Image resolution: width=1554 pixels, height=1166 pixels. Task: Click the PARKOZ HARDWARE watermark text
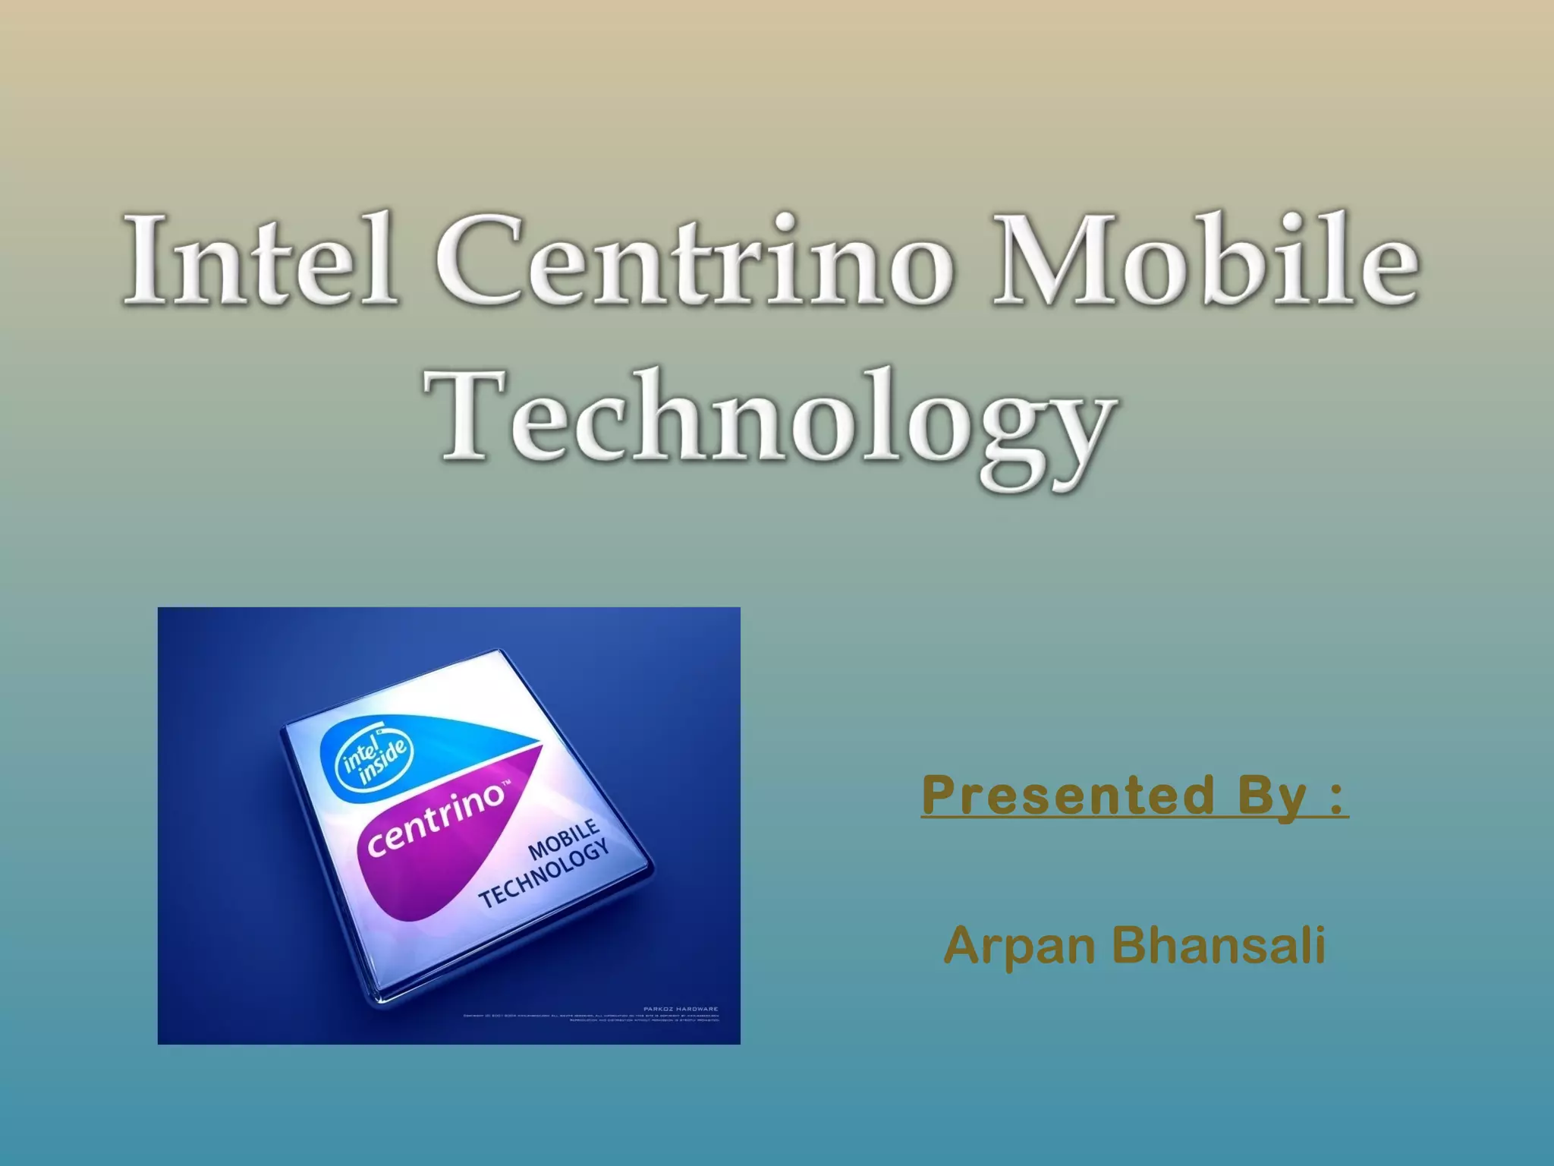tap(680, 1009)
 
